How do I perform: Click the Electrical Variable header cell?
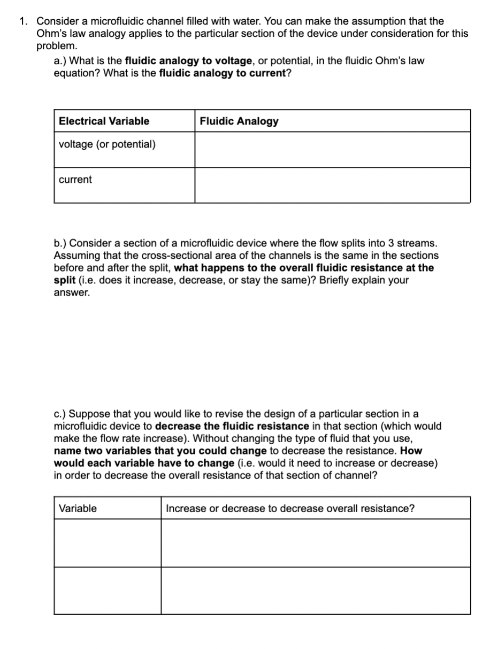[104, 121]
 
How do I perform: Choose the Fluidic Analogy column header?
[239, 121]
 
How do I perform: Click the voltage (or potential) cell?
[108, 144]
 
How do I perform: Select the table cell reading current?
[75, 180]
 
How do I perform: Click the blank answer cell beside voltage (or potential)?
[332, 149]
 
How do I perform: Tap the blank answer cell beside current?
[332, 185]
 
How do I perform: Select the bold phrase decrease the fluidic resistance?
[232, 426]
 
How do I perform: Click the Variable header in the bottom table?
[78, 508]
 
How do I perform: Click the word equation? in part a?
[77, 73]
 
